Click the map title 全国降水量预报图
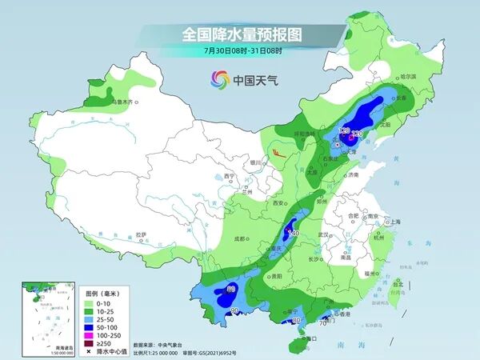pos(239,34)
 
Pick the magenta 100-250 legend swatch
pos(89,338)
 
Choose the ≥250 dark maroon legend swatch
pos(89,346)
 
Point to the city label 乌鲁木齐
pos(122,102)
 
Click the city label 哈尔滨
pos(408,76)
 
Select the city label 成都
pos(240,238)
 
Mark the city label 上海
pos(393,222)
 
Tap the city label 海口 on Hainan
pos(312,338)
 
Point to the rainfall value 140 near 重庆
pos(293,233)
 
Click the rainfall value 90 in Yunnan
pos(234,310)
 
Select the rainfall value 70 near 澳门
pos(323,323)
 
